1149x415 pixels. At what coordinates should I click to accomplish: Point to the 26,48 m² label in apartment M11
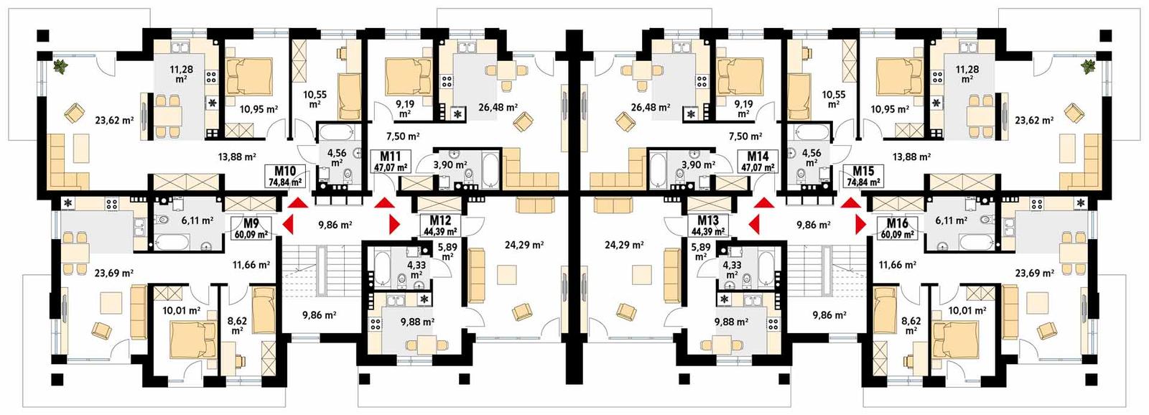point(498,108)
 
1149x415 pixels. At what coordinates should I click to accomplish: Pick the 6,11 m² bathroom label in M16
point(951,220)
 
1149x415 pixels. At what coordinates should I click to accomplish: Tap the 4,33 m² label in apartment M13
point(732,269)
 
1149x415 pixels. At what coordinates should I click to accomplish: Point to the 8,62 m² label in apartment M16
point(911,326)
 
